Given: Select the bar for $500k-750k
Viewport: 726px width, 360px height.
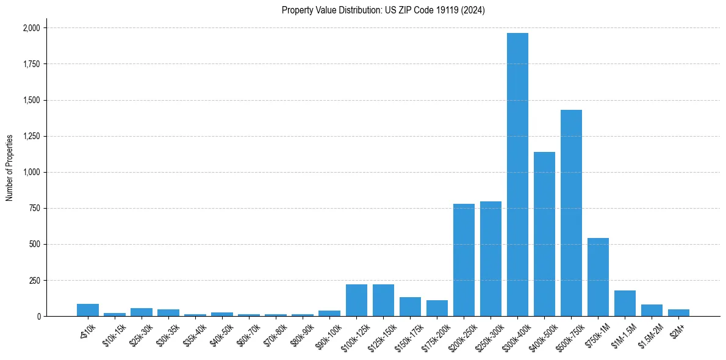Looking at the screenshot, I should (571, 213).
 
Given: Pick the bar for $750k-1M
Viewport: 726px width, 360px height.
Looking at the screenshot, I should (598, 277).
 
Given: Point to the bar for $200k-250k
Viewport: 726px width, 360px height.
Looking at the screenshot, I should (464, 260).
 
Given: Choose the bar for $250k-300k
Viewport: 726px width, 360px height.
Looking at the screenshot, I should (491, 259).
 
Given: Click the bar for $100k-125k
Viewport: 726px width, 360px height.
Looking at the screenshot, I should (356, 300).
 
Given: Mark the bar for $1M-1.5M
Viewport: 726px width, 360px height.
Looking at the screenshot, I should (625, 303).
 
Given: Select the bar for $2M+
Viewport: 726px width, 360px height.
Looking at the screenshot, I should (678, 312).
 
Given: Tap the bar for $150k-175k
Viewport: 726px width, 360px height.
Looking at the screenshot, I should (410, 306).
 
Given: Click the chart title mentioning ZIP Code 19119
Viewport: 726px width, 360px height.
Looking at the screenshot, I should (383, 10).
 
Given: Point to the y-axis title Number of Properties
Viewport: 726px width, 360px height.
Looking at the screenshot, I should (10, 167).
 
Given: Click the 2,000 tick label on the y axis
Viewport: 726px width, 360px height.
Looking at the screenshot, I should (31, 28).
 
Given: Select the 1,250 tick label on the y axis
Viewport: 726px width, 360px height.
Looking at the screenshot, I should (31, 136).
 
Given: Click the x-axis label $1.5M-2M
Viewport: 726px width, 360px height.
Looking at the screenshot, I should (650, 333).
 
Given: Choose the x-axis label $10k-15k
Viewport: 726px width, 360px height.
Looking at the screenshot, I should (113, 333).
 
